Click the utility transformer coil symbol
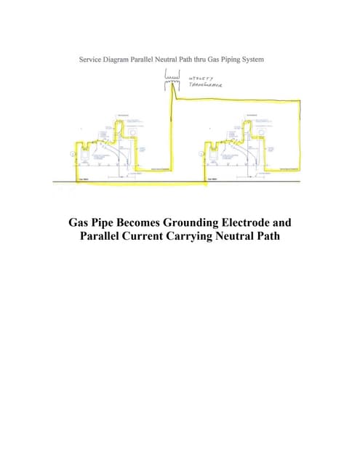173,76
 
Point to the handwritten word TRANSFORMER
206,85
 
